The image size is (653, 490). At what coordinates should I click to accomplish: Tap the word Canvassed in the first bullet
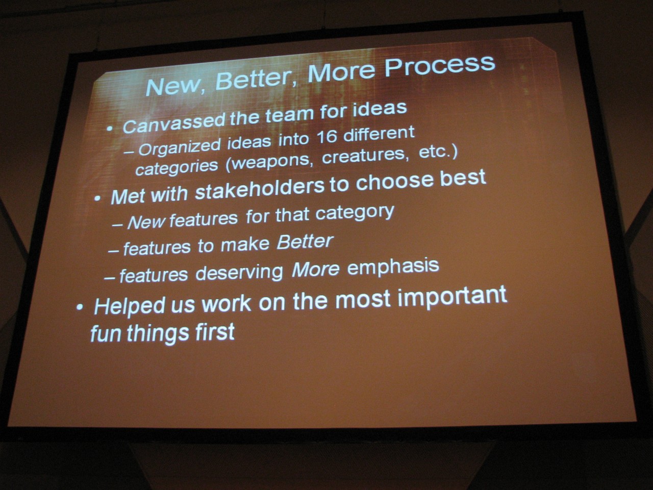(x=174, y=122)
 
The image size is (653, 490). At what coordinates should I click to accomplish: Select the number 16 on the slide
(x=326, y=137)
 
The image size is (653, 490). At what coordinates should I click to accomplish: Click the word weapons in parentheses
(x=270, y=162)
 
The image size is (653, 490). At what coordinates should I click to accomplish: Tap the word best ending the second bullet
(x=463, y=178)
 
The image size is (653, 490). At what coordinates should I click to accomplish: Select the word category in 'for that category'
(x=355, y=212)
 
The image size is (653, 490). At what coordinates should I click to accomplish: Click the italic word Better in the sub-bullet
(x=305, y=242)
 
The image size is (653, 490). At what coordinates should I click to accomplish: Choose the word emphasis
(x=393, y=266)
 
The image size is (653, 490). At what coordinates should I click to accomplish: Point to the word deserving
(x=239, y=272)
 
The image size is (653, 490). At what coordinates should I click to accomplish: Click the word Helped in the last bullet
(x=130, y=306)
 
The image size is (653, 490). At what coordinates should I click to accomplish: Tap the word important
(x=453, y=297)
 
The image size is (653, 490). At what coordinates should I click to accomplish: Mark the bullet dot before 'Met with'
(x=97, y=198)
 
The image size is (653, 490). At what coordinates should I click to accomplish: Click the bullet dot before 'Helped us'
(x=80, y=307)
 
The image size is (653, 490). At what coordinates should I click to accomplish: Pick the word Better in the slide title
(x=253, y=79)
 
